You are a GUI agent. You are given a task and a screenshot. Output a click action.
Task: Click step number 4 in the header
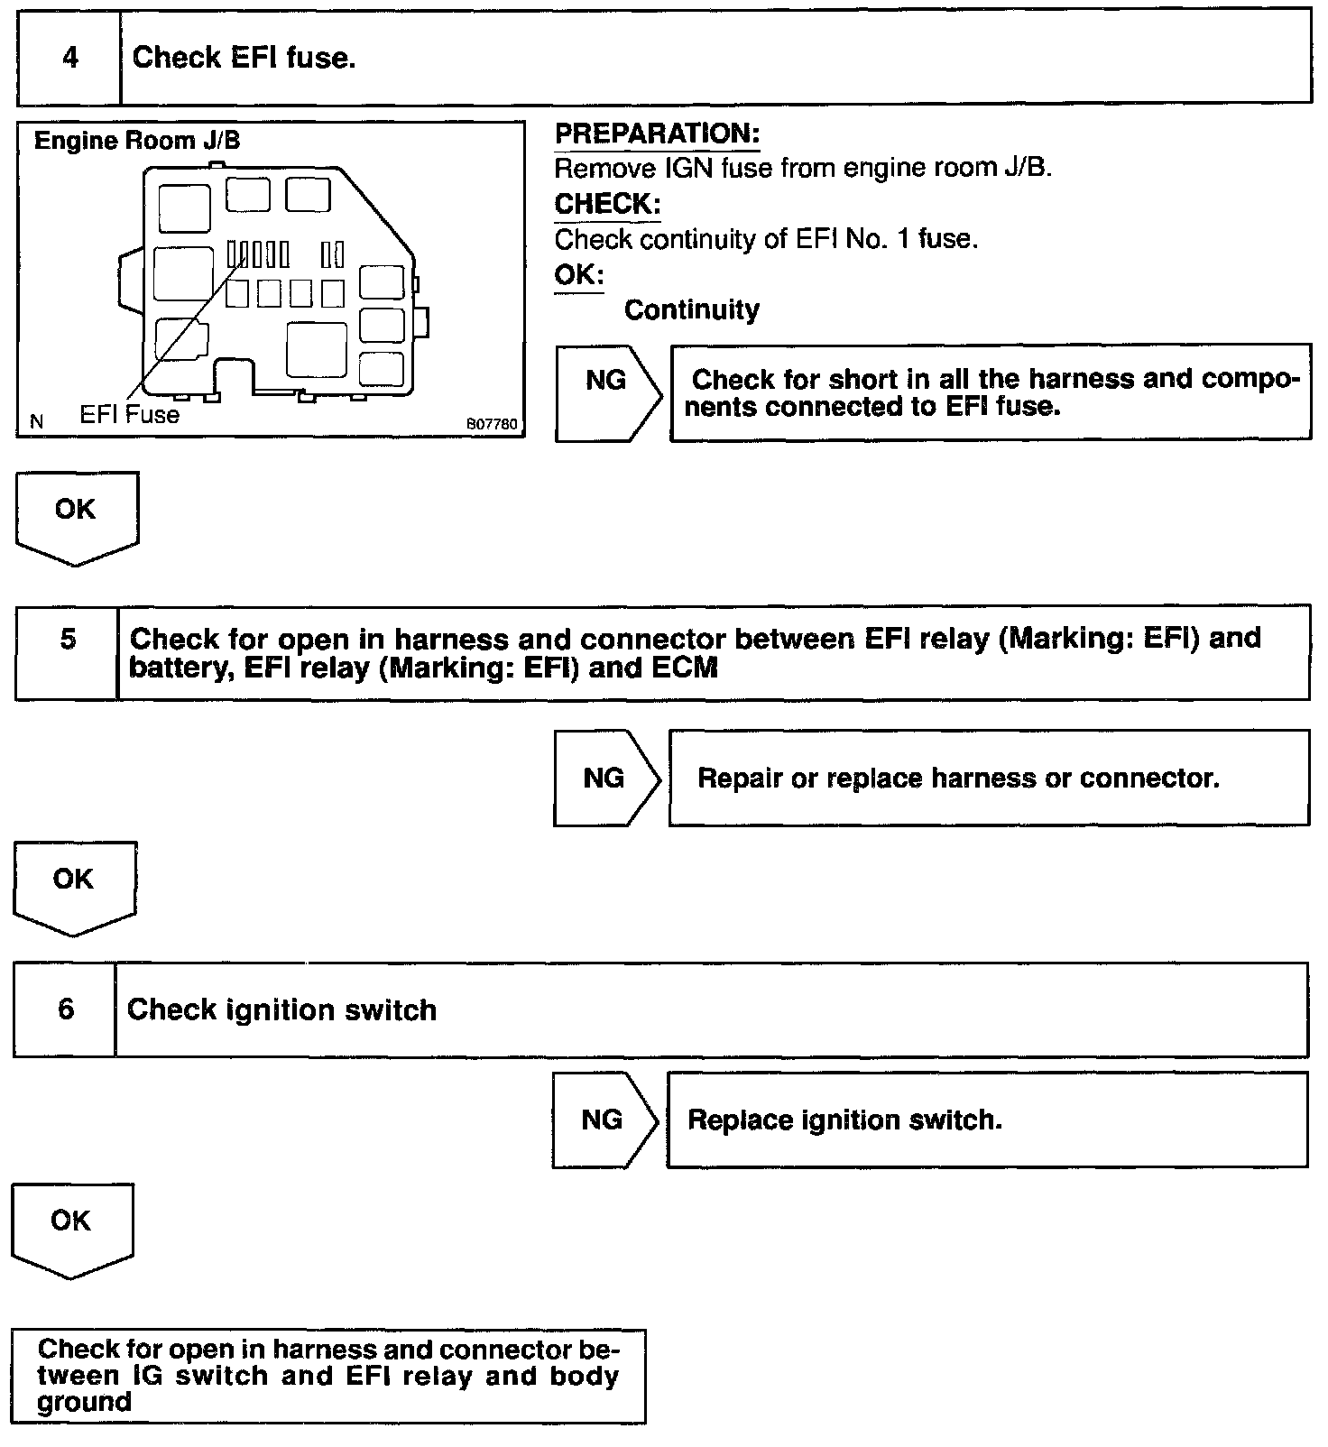tap(69, 59)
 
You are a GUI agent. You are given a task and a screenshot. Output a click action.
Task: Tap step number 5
tap(68, 640)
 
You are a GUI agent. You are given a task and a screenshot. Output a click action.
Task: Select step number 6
tap(66, 1009)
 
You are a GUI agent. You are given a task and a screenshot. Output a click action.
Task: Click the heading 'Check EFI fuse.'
tap(244, 59)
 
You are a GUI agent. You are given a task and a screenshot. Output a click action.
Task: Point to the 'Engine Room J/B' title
tap(137, 142)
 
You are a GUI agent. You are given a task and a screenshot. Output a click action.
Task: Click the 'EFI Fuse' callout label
tap(130, 415)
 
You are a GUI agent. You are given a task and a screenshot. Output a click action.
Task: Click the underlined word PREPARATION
tap(657, 134)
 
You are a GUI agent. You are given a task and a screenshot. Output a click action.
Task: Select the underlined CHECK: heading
tap(607, 205)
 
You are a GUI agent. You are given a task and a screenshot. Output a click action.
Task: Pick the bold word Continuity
tap(691, 310)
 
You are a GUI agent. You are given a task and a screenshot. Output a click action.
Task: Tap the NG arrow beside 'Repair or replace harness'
tap(604, 779)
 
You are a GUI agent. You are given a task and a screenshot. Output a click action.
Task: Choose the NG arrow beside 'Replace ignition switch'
tap(602, 1120)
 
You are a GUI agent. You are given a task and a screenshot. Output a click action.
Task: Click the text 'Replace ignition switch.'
tap(844, 1120)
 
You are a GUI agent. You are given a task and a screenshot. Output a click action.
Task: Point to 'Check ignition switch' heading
tap(281, 1010)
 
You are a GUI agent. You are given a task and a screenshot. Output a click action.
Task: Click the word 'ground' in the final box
tap(85, 1403)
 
